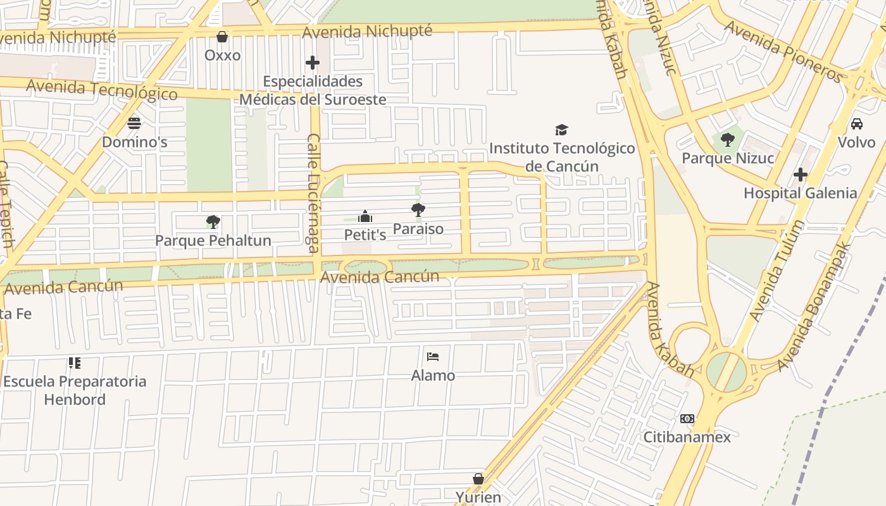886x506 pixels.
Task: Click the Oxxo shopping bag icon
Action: tap(222, 37)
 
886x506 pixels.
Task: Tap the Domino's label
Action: tap(134, 142)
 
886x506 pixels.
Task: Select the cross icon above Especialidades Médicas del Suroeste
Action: tap(313, 63)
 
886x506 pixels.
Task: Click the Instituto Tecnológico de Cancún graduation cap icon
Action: tap(561, 130)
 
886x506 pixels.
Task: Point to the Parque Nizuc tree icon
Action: tap(728, 139)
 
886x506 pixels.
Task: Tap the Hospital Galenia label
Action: tap(800, 193)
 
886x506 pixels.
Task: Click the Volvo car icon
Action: tap(856, 123)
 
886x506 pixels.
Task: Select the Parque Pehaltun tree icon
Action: tap(213, 221)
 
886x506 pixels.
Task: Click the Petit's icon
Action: tap(365, 216)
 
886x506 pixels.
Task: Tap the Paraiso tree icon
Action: tap(418, 210)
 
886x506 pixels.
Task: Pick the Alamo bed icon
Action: tap(433, 357)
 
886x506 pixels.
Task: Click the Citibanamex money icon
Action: tap(687, 418)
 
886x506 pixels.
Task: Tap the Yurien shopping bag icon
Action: tap(478, 479)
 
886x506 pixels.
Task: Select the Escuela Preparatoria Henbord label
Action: tap(75, 390)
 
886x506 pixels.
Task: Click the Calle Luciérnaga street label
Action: tap(313, 193)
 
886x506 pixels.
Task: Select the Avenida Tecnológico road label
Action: tap(101, 90)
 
